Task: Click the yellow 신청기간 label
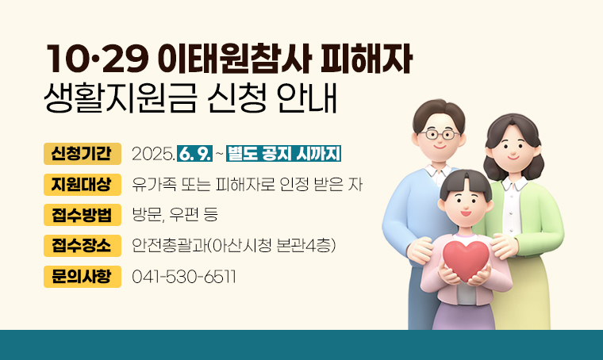(83, 153)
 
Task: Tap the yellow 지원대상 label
(83, 184)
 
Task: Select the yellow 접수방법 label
(83, 215)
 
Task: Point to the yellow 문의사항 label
(83, 277)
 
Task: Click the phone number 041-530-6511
(184, 278)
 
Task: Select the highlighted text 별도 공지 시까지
(283, 154)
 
